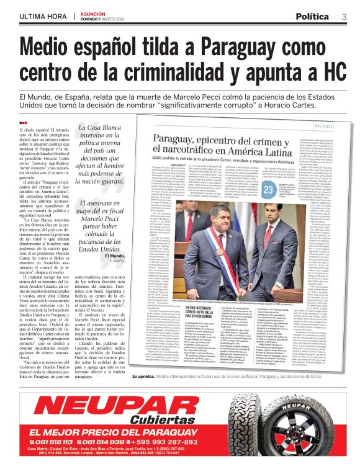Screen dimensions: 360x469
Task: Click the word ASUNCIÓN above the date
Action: pyautogui.click(x=95, y=13)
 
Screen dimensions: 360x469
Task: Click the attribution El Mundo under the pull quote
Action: pyautogui.click(x=115, y=256)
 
